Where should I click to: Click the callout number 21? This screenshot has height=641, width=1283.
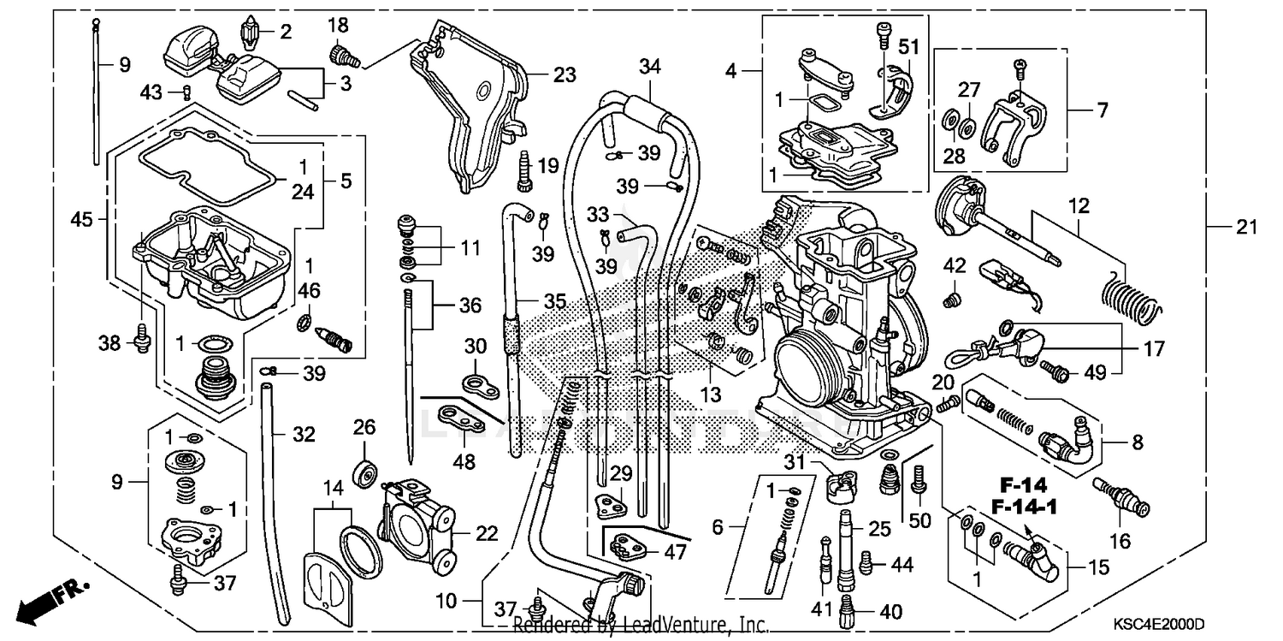point(1247,227)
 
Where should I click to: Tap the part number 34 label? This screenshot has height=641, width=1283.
point(649,65)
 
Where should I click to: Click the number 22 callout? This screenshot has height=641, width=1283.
point(487,534)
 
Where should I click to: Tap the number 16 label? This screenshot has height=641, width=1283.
point(1120,541)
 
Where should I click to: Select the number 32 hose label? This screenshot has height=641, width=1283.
point(304,435)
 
